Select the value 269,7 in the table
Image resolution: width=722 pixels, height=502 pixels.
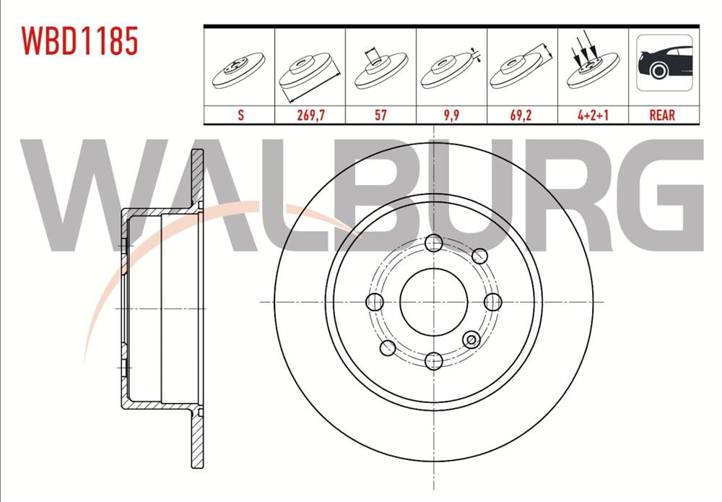[310, 115]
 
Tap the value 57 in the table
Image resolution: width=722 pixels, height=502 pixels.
[380, 115]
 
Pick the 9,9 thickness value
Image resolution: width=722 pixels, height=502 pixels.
[451, 115]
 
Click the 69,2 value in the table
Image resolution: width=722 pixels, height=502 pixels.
[521, 115]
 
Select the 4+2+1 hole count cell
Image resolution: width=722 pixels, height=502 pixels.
[592, 115]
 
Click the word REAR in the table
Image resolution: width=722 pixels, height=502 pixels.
[663, 115]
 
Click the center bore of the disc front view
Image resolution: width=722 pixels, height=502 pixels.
[432, 301]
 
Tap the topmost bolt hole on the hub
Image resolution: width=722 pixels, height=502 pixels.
[433, 243]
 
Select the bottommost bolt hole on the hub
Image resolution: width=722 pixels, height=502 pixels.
[433, 360]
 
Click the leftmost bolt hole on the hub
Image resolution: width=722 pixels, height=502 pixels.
[374, 301]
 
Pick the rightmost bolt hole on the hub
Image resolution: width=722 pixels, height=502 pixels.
[492, 301]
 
